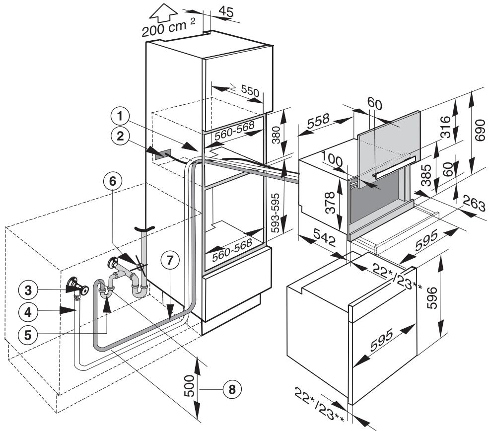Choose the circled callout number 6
(113, 182)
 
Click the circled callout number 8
(230, 389)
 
